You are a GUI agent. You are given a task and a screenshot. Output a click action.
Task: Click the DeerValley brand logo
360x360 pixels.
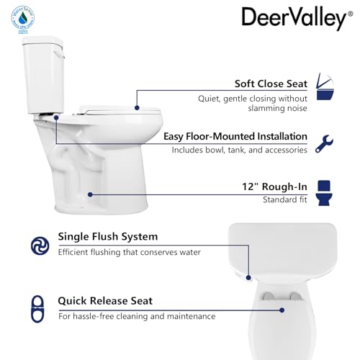293,18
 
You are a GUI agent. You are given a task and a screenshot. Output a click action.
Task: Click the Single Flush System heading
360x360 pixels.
107,237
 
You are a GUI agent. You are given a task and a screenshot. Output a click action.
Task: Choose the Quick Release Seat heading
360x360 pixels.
105,302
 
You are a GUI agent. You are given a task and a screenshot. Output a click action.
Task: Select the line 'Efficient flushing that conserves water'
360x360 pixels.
129,252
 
